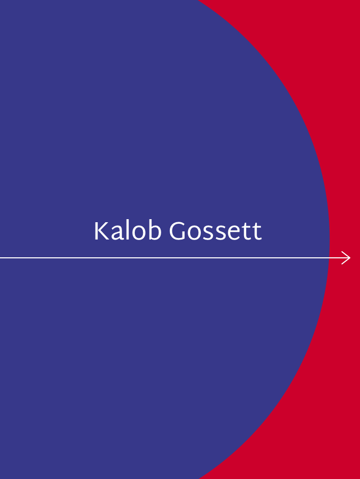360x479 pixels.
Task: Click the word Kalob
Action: pos(128,230)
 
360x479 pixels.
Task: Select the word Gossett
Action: pos(216,231)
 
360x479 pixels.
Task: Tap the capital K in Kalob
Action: pos(102,231)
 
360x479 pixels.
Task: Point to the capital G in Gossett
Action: pos(177,231)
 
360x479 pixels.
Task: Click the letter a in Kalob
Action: pos(117,234)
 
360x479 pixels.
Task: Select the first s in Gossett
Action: pos(208,234)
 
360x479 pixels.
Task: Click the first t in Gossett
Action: pos(248,232)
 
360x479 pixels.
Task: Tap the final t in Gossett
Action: pos(257,232)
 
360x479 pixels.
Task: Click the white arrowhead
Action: pos(346,258)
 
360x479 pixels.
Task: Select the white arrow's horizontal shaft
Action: pos(175,258)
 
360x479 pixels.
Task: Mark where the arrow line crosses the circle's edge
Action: pos(329,258)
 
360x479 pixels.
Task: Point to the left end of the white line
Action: pos(1,258)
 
